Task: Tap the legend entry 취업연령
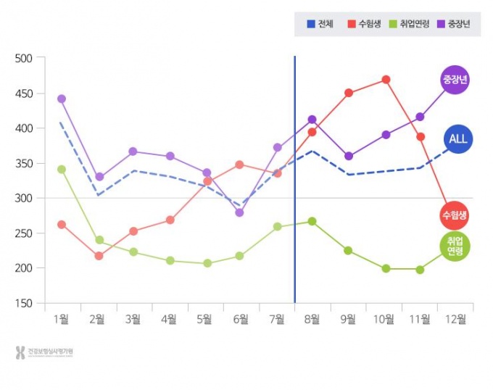(x=409, y=24)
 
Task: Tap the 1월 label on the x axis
(x=62, y=318)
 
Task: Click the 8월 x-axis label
(x=312, y=318)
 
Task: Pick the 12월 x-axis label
(x=455, y=318)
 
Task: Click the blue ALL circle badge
(x=458, y=138)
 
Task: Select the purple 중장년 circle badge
(x=455, y=79)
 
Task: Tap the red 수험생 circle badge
(x=454, y=215)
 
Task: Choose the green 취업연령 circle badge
(x=455, y=246)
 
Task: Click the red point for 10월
(x=386, y=80)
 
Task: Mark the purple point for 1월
(x=62, y=99)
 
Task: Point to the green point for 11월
(x=420, y=270)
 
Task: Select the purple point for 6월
(x=240, y=212)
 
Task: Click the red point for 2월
(x=99, y=256)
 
